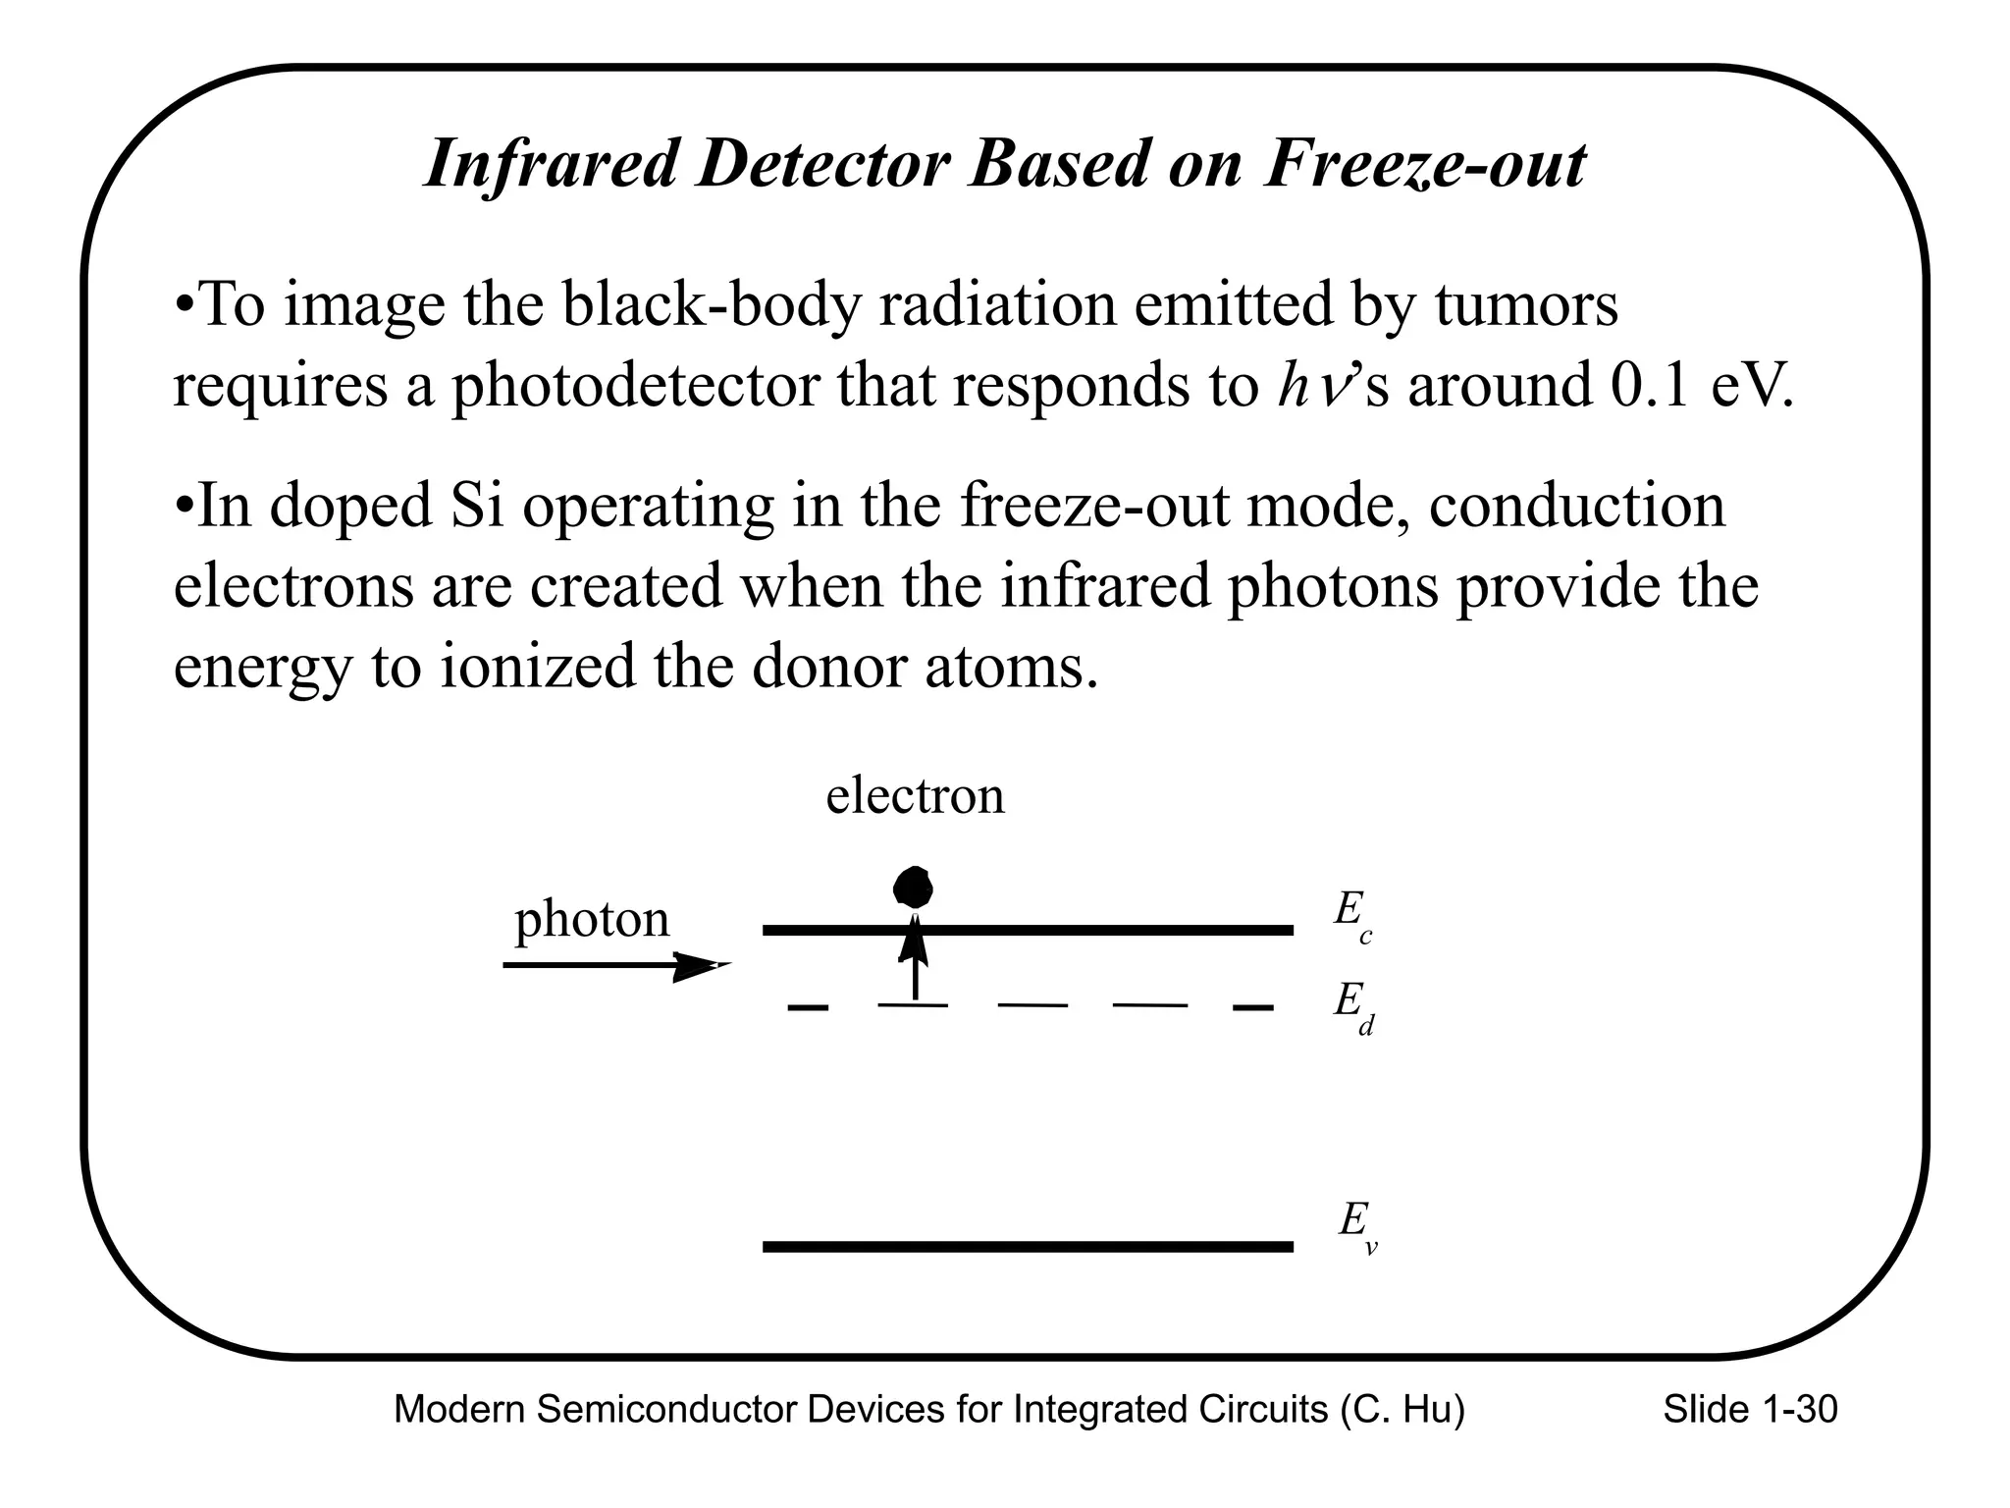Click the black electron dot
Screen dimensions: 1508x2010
[x=913, y=889]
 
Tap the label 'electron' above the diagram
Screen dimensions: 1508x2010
[x=915, y=795]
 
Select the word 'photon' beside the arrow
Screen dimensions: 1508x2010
[x=592, y=920]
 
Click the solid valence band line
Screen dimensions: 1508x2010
[x=1028, y=1247]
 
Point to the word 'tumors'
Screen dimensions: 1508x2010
[x=1526, y=304]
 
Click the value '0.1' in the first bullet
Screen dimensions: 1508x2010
[x=1649, y=385]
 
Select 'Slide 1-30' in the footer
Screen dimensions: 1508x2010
[x=1750, y=1410]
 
